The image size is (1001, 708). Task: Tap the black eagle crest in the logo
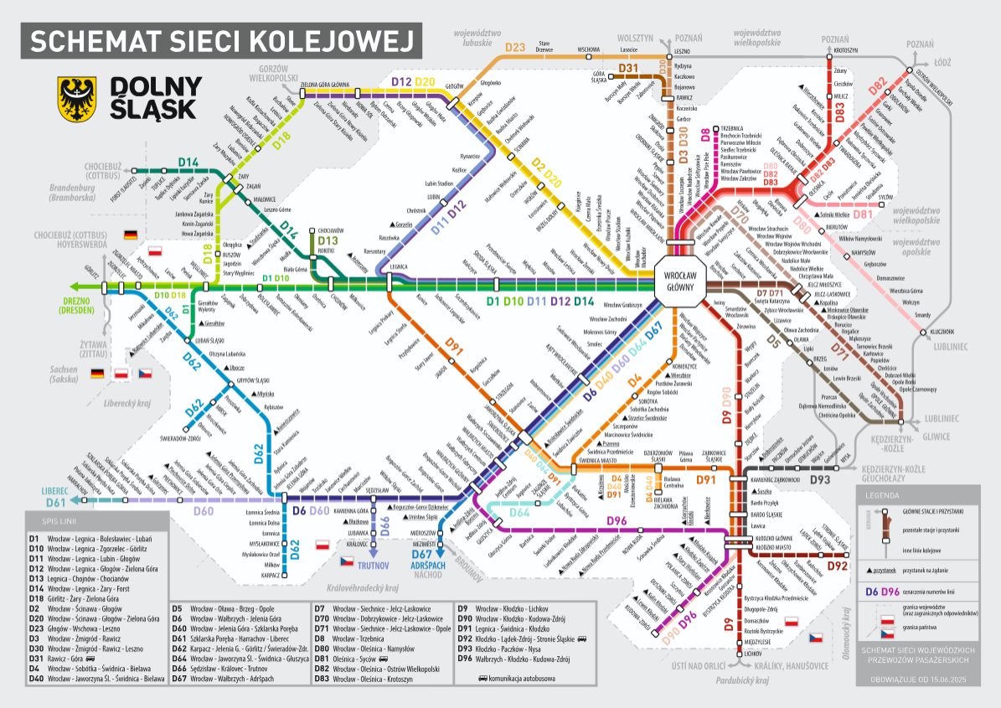[x=75, y=97]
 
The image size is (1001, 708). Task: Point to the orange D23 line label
[x=515, y=48]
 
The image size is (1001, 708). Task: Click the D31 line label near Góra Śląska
[x=629, y=68]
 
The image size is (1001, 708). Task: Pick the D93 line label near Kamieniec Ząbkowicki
[x=819, y=478]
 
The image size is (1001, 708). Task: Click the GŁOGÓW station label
[x=453, y=86]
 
